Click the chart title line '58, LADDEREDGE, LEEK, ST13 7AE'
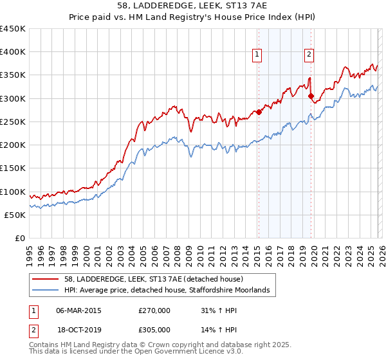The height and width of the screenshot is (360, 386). (x=192, y=6)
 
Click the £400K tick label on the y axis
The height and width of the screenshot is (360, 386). (x=13, y=52)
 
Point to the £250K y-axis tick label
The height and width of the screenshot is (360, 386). (x=13, y=122)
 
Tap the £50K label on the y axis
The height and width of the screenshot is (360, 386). (x=15, y=215)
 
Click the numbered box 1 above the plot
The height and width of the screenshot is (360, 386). (x=257, y=55)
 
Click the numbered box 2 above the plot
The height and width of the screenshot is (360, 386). (x=309, y=55)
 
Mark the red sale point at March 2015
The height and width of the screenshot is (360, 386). (x=259, y=112)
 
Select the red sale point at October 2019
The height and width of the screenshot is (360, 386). (x=311, y=96)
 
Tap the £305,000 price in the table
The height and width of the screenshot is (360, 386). (x=154, y=330)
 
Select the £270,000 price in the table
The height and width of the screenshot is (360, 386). (x=154, y=310)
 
